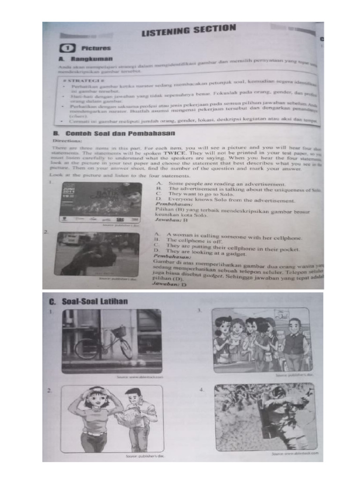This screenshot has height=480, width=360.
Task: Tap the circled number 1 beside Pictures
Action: point(67,48)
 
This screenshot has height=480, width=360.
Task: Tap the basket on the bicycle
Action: point(119,331)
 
